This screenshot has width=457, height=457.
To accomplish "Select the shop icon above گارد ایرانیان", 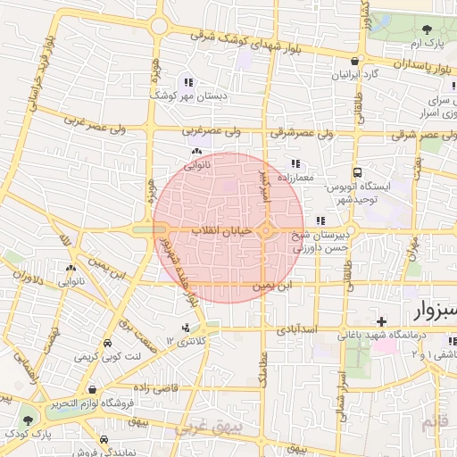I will (x=355, y=62).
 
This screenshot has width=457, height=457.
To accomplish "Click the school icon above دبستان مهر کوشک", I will (x=187, y=82).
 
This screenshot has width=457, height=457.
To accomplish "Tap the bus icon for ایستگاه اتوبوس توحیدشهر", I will (x=357, y=172).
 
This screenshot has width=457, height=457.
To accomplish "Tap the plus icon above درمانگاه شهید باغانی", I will (x=382, y=321).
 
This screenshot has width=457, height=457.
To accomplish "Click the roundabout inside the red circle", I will (x=266, y=231).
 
